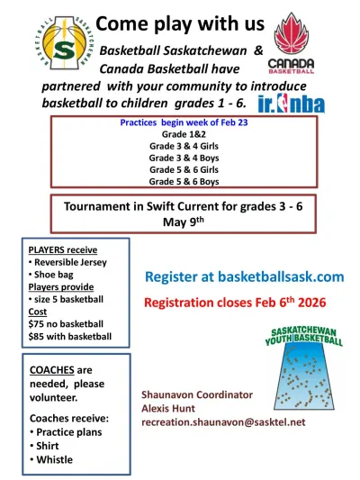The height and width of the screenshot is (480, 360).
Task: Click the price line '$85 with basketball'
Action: [70, 337]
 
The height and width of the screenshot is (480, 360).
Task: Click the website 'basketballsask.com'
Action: [282, 276]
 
